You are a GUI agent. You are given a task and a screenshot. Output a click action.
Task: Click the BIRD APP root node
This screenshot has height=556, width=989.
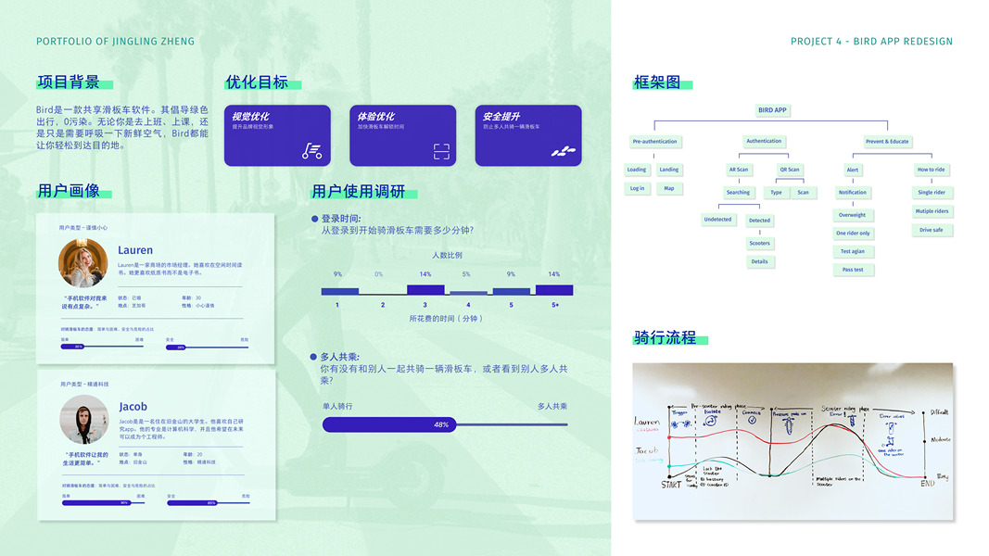(x=772, y=110)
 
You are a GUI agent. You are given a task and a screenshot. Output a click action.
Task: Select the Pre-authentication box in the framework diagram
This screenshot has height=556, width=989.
(x=654, y=142)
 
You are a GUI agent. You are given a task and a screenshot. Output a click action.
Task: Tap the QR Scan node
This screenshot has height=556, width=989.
(x=789, y=170)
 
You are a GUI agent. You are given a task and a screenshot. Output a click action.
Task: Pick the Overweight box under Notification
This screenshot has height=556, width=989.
(x=852, y=215)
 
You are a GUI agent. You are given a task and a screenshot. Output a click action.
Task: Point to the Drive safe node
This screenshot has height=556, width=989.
(x=932, y=230)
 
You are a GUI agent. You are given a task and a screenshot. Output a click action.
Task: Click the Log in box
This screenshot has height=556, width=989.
(x=637, y=188)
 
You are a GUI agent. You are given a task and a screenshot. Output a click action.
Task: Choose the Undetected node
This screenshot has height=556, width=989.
(x=717, y=220)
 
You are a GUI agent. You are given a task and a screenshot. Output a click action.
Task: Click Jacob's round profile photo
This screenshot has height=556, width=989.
(x=83, y=419)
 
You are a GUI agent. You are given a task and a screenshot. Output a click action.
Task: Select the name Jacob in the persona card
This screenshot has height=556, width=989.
(x=133, y=407)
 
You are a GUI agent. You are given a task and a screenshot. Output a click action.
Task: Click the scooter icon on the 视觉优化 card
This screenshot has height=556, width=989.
(x=312, y=151)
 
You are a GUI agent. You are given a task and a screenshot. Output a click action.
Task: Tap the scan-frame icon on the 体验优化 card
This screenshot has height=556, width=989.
(x=441, y=151)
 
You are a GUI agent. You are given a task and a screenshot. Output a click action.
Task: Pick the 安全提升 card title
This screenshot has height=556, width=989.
(x=501, y=117)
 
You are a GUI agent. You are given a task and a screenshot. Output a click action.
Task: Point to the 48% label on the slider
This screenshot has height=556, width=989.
(x=441, y=424)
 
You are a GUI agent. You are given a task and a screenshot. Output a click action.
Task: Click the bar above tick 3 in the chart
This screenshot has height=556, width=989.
(x=425, y=290)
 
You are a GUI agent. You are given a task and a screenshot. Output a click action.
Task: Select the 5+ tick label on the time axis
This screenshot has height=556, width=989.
(x=554, y=305)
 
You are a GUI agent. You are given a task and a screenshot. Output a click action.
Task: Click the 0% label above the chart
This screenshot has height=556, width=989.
(x=378, y=274)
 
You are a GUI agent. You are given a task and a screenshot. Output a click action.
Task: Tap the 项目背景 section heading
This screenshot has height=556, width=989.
(x=68, y=82)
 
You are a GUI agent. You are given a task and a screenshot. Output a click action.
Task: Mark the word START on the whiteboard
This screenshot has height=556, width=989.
(x=671, y=484)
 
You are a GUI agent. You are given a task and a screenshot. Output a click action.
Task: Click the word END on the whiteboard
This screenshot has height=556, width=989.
(x=927, y=483)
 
